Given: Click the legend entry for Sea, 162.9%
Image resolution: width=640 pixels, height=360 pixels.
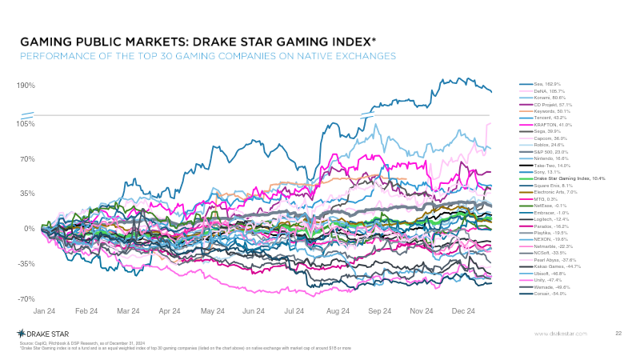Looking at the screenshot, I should [x=548, y=84].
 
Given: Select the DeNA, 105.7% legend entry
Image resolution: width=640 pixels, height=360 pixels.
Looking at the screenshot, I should [x=550, y=91].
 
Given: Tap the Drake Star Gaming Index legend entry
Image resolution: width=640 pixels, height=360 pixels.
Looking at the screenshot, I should [x=569, y=178].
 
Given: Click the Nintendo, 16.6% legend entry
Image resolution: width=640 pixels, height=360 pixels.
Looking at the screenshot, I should [x=552, y=158].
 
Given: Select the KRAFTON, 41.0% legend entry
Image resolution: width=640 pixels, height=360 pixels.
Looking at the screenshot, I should [x=553, y=125].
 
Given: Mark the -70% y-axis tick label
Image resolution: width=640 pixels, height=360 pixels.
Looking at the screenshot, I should [x=26, y=298].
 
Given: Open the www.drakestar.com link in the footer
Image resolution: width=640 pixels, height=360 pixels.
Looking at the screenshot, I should [x=561, y=333].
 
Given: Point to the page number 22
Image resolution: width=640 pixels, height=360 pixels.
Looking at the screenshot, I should [x=618, y=333].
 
